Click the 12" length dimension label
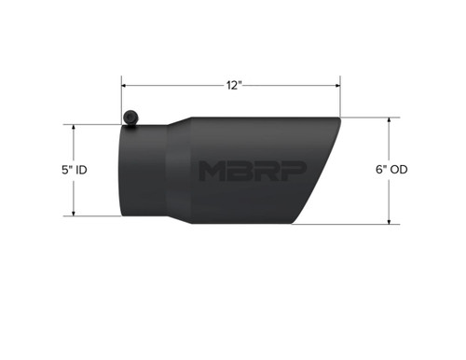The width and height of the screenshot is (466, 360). click(x=233, y=85)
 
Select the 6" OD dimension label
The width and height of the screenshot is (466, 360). click(x=389, y=170)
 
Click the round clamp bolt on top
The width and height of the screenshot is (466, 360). click(x=131, y=117)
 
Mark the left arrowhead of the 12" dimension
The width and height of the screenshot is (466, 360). click(x=124, y=85)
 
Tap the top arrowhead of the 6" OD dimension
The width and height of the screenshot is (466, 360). click(x=389, y=120)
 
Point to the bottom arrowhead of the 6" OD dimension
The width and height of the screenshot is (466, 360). click(x=389, y=222)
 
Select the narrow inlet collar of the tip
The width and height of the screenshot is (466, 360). click(x=144, y=172)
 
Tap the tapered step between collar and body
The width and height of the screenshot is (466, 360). click(x=179, y=172)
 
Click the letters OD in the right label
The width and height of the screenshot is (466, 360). click(x=397, y=170)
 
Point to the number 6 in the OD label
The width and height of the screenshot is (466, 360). click(x=375, y=170)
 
